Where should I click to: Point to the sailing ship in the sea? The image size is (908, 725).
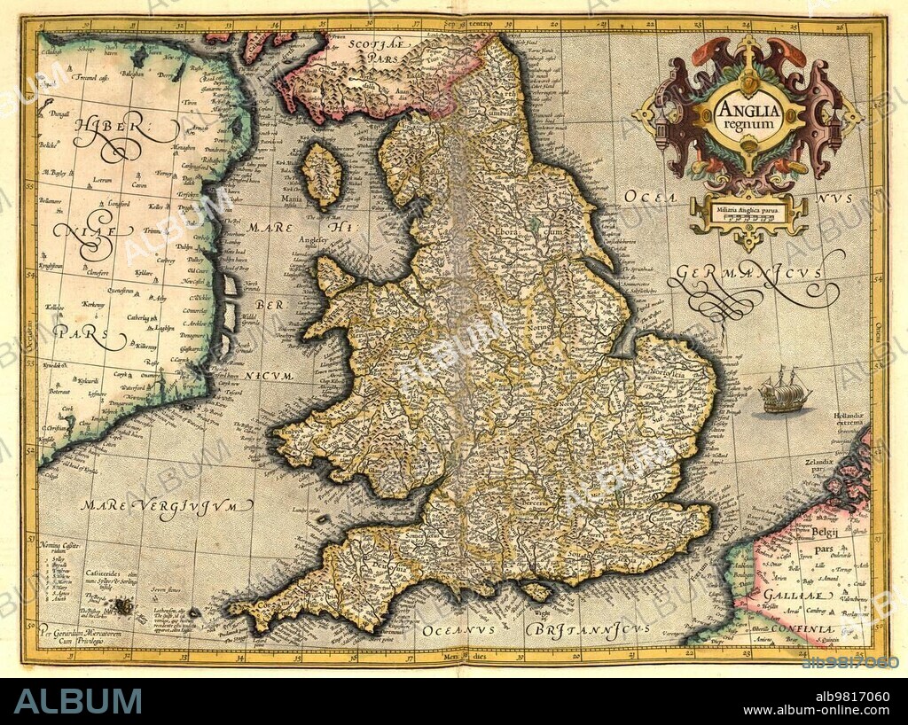tap(784, 390)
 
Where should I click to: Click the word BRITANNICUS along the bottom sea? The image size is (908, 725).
tap(588, 628)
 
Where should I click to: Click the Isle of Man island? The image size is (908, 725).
tap(322, 175)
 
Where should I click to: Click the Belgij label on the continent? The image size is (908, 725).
tap(825, 533)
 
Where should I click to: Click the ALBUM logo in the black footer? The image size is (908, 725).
tap(77, 701)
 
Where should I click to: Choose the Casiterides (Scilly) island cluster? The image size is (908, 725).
tap(121, 606)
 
